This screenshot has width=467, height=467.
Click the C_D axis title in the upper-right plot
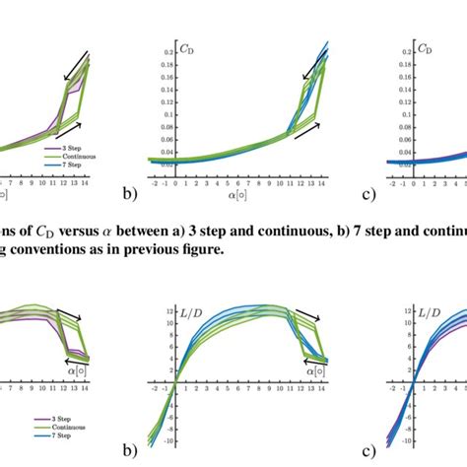[426, 45]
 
